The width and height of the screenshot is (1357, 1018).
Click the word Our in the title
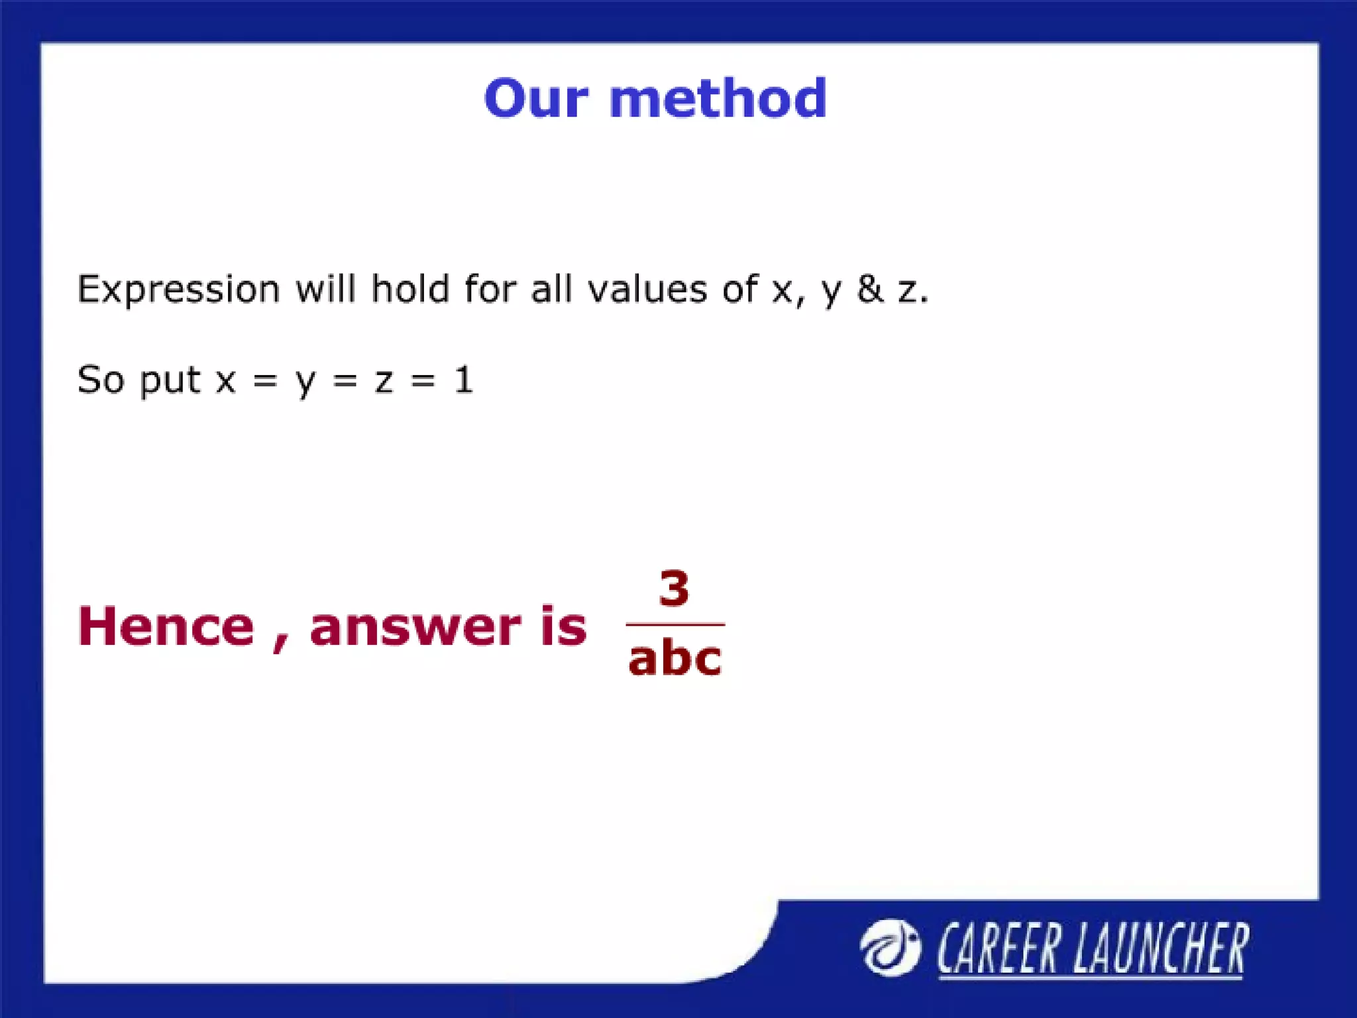tap(535, 99)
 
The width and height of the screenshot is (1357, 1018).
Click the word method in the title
tap(718, 99)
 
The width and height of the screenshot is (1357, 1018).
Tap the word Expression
tap(178, 290)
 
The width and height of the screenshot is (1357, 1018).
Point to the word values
tap(647, 290)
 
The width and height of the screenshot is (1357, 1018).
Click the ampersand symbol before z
tap(870, 290)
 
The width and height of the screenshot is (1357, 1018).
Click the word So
tap(101, 380)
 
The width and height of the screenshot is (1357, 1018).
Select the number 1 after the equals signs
tap(463, 380)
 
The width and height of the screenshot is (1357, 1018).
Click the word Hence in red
tap(166, 626)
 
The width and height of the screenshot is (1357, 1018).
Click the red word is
tap(563, 625)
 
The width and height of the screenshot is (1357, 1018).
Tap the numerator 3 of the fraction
tap(674, 589)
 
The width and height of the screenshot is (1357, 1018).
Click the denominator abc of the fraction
tap(675, 659)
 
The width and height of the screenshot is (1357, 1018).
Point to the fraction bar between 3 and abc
tap(675, 624)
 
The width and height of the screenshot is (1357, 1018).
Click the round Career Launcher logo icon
tap(889, 948)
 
